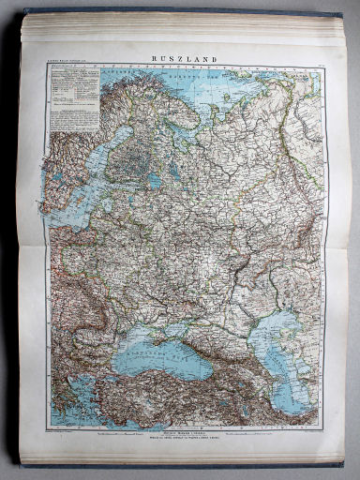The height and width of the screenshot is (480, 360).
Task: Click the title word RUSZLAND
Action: (x=185, y=58)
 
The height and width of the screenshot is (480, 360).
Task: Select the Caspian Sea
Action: (x=287, y=347)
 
